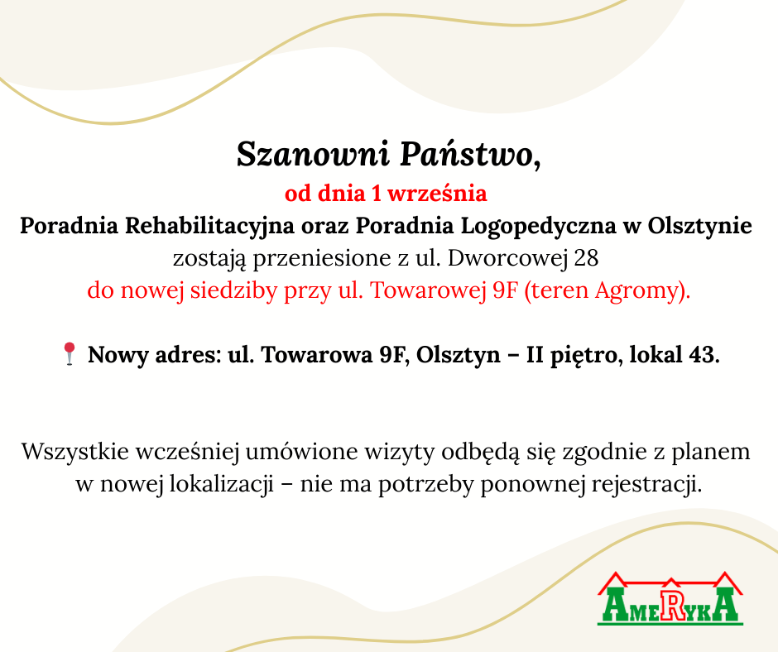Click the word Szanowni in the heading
pyautogui.click(x=313, y=155)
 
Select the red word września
pyautogui.click(x=437, y=193)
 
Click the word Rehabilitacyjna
pyautogui.click(x=209, y=226)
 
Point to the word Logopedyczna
pyautogui.click(x=539, y=226)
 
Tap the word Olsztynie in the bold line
pyautogui.click(x=699, y=226)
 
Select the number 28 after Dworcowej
pyautogui.click(x=586, y=258)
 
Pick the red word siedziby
pyautogui.click(x=233, y=290)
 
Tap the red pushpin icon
pyautogui.click(x=70, y=354)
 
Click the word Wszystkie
pyautogui.click(x=75, y=452)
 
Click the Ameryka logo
pyautogui.click(x=670, y=598)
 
